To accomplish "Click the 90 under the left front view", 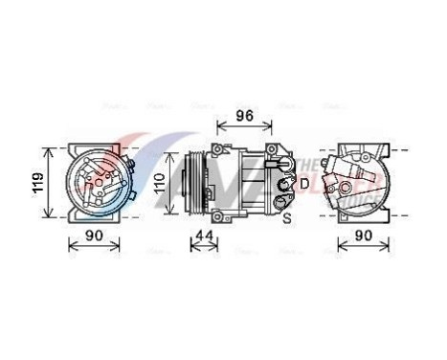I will click(x=94, y=236).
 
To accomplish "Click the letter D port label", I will click(x=304, y=182).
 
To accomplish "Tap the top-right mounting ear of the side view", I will click(x=278, y=150).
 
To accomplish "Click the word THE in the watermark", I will click(x=311, y=165).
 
